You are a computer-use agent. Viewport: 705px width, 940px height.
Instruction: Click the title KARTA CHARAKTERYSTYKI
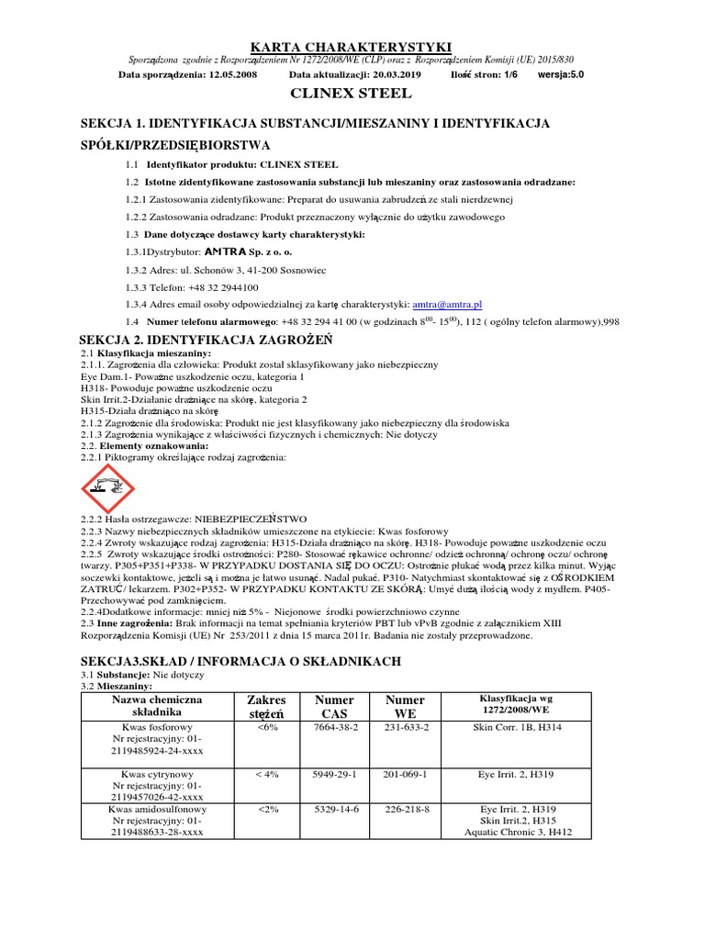tap(352, 46)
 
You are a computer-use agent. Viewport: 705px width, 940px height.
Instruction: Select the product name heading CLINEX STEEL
tap(352, 94)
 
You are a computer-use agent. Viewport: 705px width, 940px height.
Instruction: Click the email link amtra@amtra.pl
tap(447, 304)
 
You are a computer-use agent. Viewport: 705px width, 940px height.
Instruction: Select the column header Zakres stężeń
tap(266, 707)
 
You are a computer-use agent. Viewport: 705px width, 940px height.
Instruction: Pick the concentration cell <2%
tap(267, 810)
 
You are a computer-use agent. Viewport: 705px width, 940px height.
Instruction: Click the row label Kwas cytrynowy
tap(157, 774)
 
